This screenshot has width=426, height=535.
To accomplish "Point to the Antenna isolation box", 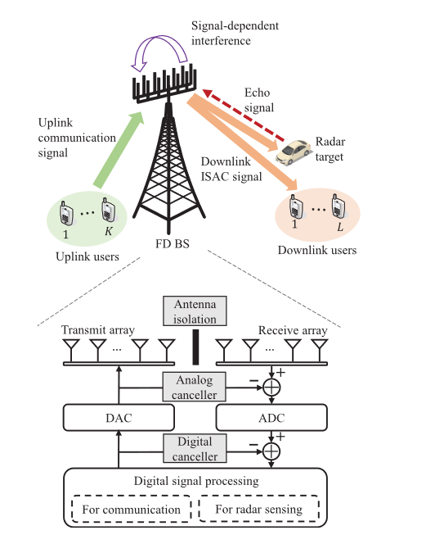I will coord(196,312).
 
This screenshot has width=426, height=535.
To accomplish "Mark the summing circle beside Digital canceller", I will coord(271,450).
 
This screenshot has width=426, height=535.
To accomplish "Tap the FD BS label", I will coord(173,243).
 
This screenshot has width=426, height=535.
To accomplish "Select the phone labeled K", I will coord(106,211).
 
